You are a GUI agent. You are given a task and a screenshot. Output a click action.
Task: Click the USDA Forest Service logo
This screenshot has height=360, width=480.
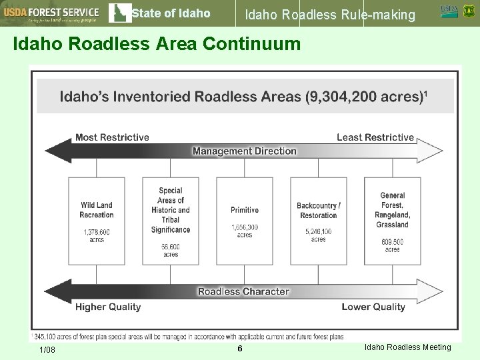pyautogui.click(x=51, y=13)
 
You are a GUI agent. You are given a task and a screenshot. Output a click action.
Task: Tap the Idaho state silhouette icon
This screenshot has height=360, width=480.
pyautogui.click(x=119, y=13)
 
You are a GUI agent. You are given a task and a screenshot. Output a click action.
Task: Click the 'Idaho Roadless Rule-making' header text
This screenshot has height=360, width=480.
pyautogui.click(x=330, y=13)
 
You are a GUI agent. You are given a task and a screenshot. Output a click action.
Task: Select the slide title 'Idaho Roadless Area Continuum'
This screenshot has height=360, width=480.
pyautogui.click(x=157, y=44)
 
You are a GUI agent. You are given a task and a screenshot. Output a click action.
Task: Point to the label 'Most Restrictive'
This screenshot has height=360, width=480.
pyautogui.click(x=112, y=137)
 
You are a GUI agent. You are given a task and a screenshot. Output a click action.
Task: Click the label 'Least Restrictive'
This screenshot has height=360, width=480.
pyautogui.click(x=375, y=137)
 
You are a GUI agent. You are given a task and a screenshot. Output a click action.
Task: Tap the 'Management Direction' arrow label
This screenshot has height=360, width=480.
pyautogui.click(x=244, y=151)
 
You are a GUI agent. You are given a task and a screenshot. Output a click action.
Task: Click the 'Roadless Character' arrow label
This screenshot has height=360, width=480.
pyautogui.click(x=243, y=291)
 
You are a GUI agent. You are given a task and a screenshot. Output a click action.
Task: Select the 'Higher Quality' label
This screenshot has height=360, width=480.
pyautogui.click(x=108, y=307)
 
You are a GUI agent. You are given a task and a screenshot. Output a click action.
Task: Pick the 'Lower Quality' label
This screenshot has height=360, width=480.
pyautogui.click(x=373, y=307)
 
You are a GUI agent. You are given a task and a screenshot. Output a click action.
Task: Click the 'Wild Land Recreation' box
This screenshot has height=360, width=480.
pyautogui.click(x=97, y=221)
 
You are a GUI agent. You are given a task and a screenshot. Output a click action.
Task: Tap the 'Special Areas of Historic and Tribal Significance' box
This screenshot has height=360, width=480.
pyautogui.click(x=171, y=221)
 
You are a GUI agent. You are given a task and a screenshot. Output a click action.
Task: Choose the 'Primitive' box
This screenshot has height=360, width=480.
pyautogui.click(x=245, y=221)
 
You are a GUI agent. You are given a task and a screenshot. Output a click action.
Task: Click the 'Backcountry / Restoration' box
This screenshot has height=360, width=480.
pyautogui.click(x=319, y=221)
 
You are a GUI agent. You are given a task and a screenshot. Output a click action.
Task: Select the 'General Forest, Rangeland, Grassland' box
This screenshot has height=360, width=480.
pyautogui.click(x=393, y=221)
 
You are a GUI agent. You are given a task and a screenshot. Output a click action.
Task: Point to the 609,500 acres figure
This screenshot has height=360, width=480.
pyautogui.click(x=393, y=245)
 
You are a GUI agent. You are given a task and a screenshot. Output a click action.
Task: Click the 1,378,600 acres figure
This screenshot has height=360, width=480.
pyautogui.click(x=97, y=235)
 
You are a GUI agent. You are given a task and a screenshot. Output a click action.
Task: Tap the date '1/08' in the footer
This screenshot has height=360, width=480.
pyautogui.click(x=47, y=351)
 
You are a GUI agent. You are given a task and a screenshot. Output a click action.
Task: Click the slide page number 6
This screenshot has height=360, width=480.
pyautogui.click(x=240, y=350)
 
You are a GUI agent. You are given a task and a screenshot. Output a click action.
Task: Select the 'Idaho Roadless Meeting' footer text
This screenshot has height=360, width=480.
pyautogui.click(x=408, y=347)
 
